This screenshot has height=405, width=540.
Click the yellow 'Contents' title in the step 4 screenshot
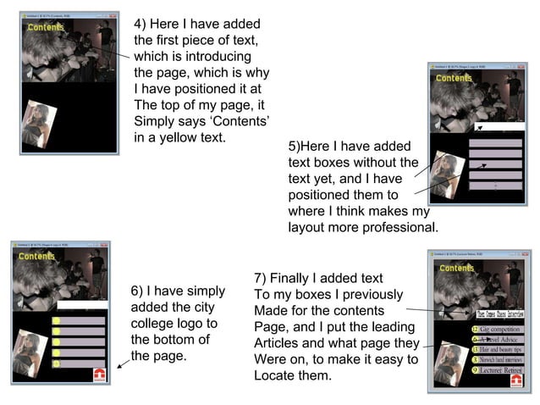[46, 27]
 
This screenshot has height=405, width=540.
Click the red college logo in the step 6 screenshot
[99, 374]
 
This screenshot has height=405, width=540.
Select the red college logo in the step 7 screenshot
[516, 380]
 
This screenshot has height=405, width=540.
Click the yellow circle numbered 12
[476, 329]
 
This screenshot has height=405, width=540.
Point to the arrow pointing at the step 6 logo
[124, 360]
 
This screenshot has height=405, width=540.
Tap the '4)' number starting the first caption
[140, 23]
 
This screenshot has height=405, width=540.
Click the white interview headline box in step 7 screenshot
[487, 312]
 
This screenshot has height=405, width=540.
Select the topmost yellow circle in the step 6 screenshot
[56, 321]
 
